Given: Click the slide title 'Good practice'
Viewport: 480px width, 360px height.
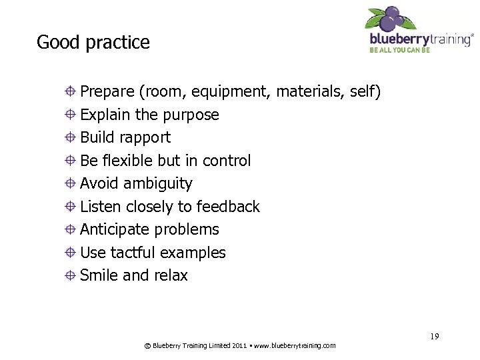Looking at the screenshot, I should (93, 43).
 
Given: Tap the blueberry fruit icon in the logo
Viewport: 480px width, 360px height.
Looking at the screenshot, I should (392, 19).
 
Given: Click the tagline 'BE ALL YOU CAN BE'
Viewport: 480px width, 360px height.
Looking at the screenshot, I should (400, 49).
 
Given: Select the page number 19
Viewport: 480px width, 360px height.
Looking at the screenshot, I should (434, 336).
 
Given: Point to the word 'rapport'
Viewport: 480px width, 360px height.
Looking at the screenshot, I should (146, 138).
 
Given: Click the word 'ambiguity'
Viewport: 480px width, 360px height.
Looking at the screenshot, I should (159, 184).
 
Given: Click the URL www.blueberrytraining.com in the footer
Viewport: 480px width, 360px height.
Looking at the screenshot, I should (295, 345).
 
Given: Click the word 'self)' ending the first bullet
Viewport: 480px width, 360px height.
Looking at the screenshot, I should (365, 92).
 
